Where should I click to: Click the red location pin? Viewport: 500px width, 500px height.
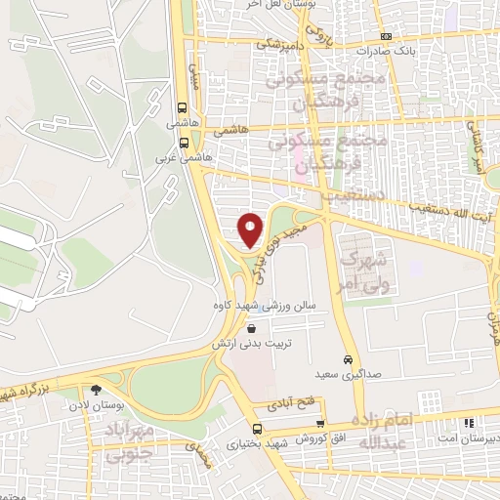click(251, 229)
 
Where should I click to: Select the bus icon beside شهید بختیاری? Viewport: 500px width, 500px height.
click(257, 429)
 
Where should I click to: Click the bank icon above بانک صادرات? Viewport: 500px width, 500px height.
click(387, 34)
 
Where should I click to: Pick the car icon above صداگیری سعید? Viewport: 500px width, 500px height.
click(348, 357)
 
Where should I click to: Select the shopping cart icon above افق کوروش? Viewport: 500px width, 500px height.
click(320, 424)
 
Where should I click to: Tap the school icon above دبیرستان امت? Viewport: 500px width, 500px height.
click(469, 423)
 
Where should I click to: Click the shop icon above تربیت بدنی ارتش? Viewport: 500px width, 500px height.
click(253, 330)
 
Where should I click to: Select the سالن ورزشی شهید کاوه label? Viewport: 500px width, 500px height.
click(253, 305)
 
